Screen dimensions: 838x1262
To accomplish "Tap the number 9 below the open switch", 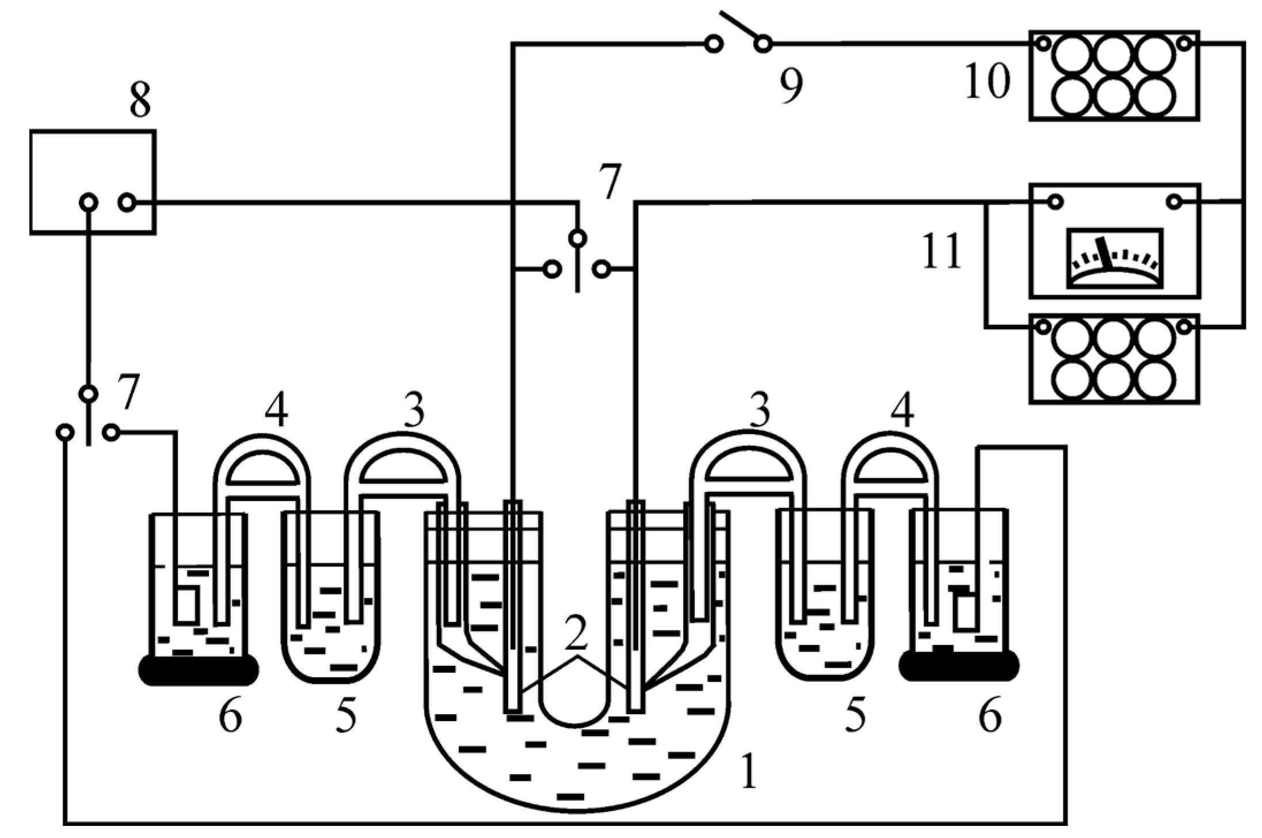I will [x=791, y=86].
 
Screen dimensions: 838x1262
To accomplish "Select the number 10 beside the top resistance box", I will [x=987, y=81].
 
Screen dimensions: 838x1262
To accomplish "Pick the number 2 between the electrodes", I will [x=576, y=632].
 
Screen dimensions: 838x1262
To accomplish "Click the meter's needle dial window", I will [x=1114, y=257].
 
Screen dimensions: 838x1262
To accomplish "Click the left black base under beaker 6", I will [x=199, y=670].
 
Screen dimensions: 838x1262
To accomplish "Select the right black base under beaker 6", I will [x=959, y=665].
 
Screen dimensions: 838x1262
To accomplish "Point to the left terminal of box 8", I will [x=89, y=202].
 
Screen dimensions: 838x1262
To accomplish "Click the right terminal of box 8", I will [x=127, y=202].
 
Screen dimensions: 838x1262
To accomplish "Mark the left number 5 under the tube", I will [x=346, y=715].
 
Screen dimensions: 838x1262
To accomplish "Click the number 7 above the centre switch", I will [x=609, y=181].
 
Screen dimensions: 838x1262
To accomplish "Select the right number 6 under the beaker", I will [x=990, y=715].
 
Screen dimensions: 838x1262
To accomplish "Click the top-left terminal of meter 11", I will [x=1055, y=202].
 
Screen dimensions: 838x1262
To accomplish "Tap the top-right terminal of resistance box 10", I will [x=1184, y=43].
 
